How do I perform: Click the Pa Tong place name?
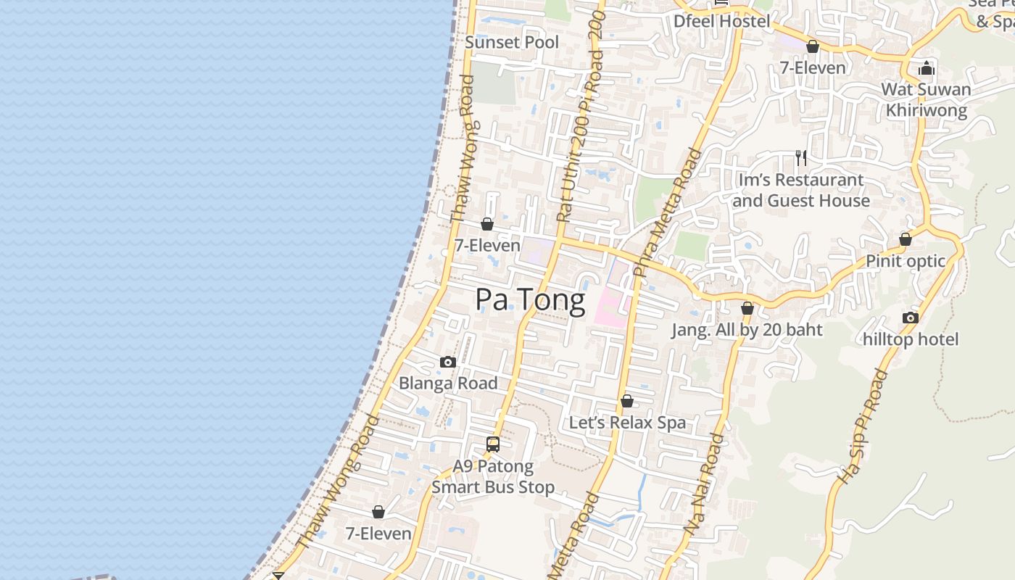[x=530, y=299]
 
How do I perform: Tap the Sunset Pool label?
[x=512, y=42]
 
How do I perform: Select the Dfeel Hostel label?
[x=721, y=21]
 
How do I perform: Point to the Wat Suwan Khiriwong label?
[x=926, y=100]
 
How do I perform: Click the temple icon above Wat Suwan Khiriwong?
[x=926, y=70]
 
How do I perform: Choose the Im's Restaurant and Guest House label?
[x=800, y=190]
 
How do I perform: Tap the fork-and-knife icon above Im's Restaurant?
[x=801, y=157]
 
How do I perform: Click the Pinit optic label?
[x=906, y=261]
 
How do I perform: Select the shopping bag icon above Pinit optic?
[x=905, y=239]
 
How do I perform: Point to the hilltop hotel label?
[x=911, y=339]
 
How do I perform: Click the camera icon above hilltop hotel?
[x=911, y=318]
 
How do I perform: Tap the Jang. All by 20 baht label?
[x=747, y=330]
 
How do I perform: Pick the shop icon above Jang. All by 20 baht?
[x=747, y=308]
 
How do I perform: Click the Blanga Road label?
[x=448, y=383]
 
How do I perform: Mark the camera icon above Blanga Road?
[x=448, y=362]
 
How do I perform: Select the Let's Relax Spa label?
[x=627, y=423]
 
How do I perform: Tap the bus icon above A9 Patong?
[x=493, y=444]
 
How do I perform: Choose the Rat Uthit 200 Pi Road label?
[x=580, y=116]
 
